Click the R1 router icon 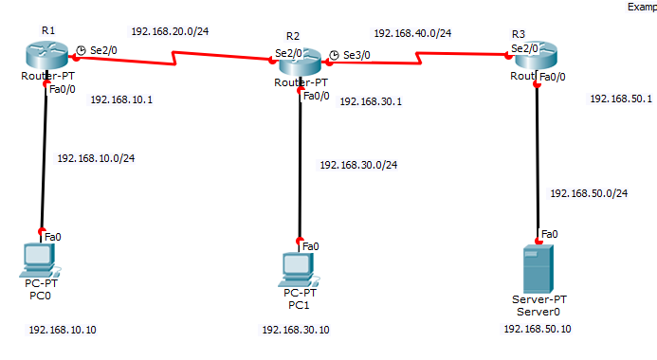coord(46,54)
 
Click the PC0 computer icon coord(40,258)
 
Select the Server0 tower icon coord(538,267)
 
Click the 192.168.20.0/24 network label coord(170,31)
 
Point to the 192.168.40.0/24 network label coord(412,33)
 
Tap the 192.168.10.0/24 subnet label coord(97,158)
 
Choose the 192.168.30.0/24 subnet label coord(357,165)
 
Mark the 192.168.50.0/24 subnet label coord(589,193)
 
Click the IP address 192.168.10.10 coord(63,330)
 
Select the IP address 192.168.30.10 coord(296,330)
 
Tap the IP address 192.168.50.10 coord(538,329)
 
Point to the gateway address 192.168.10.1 coord(121,99)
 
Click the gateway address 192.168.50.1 coord(621,99)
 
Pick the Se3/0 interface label coord(356,55)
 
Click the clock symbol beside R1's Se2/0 coord(82,50)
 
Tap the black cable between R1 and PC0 coord(44,161)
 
